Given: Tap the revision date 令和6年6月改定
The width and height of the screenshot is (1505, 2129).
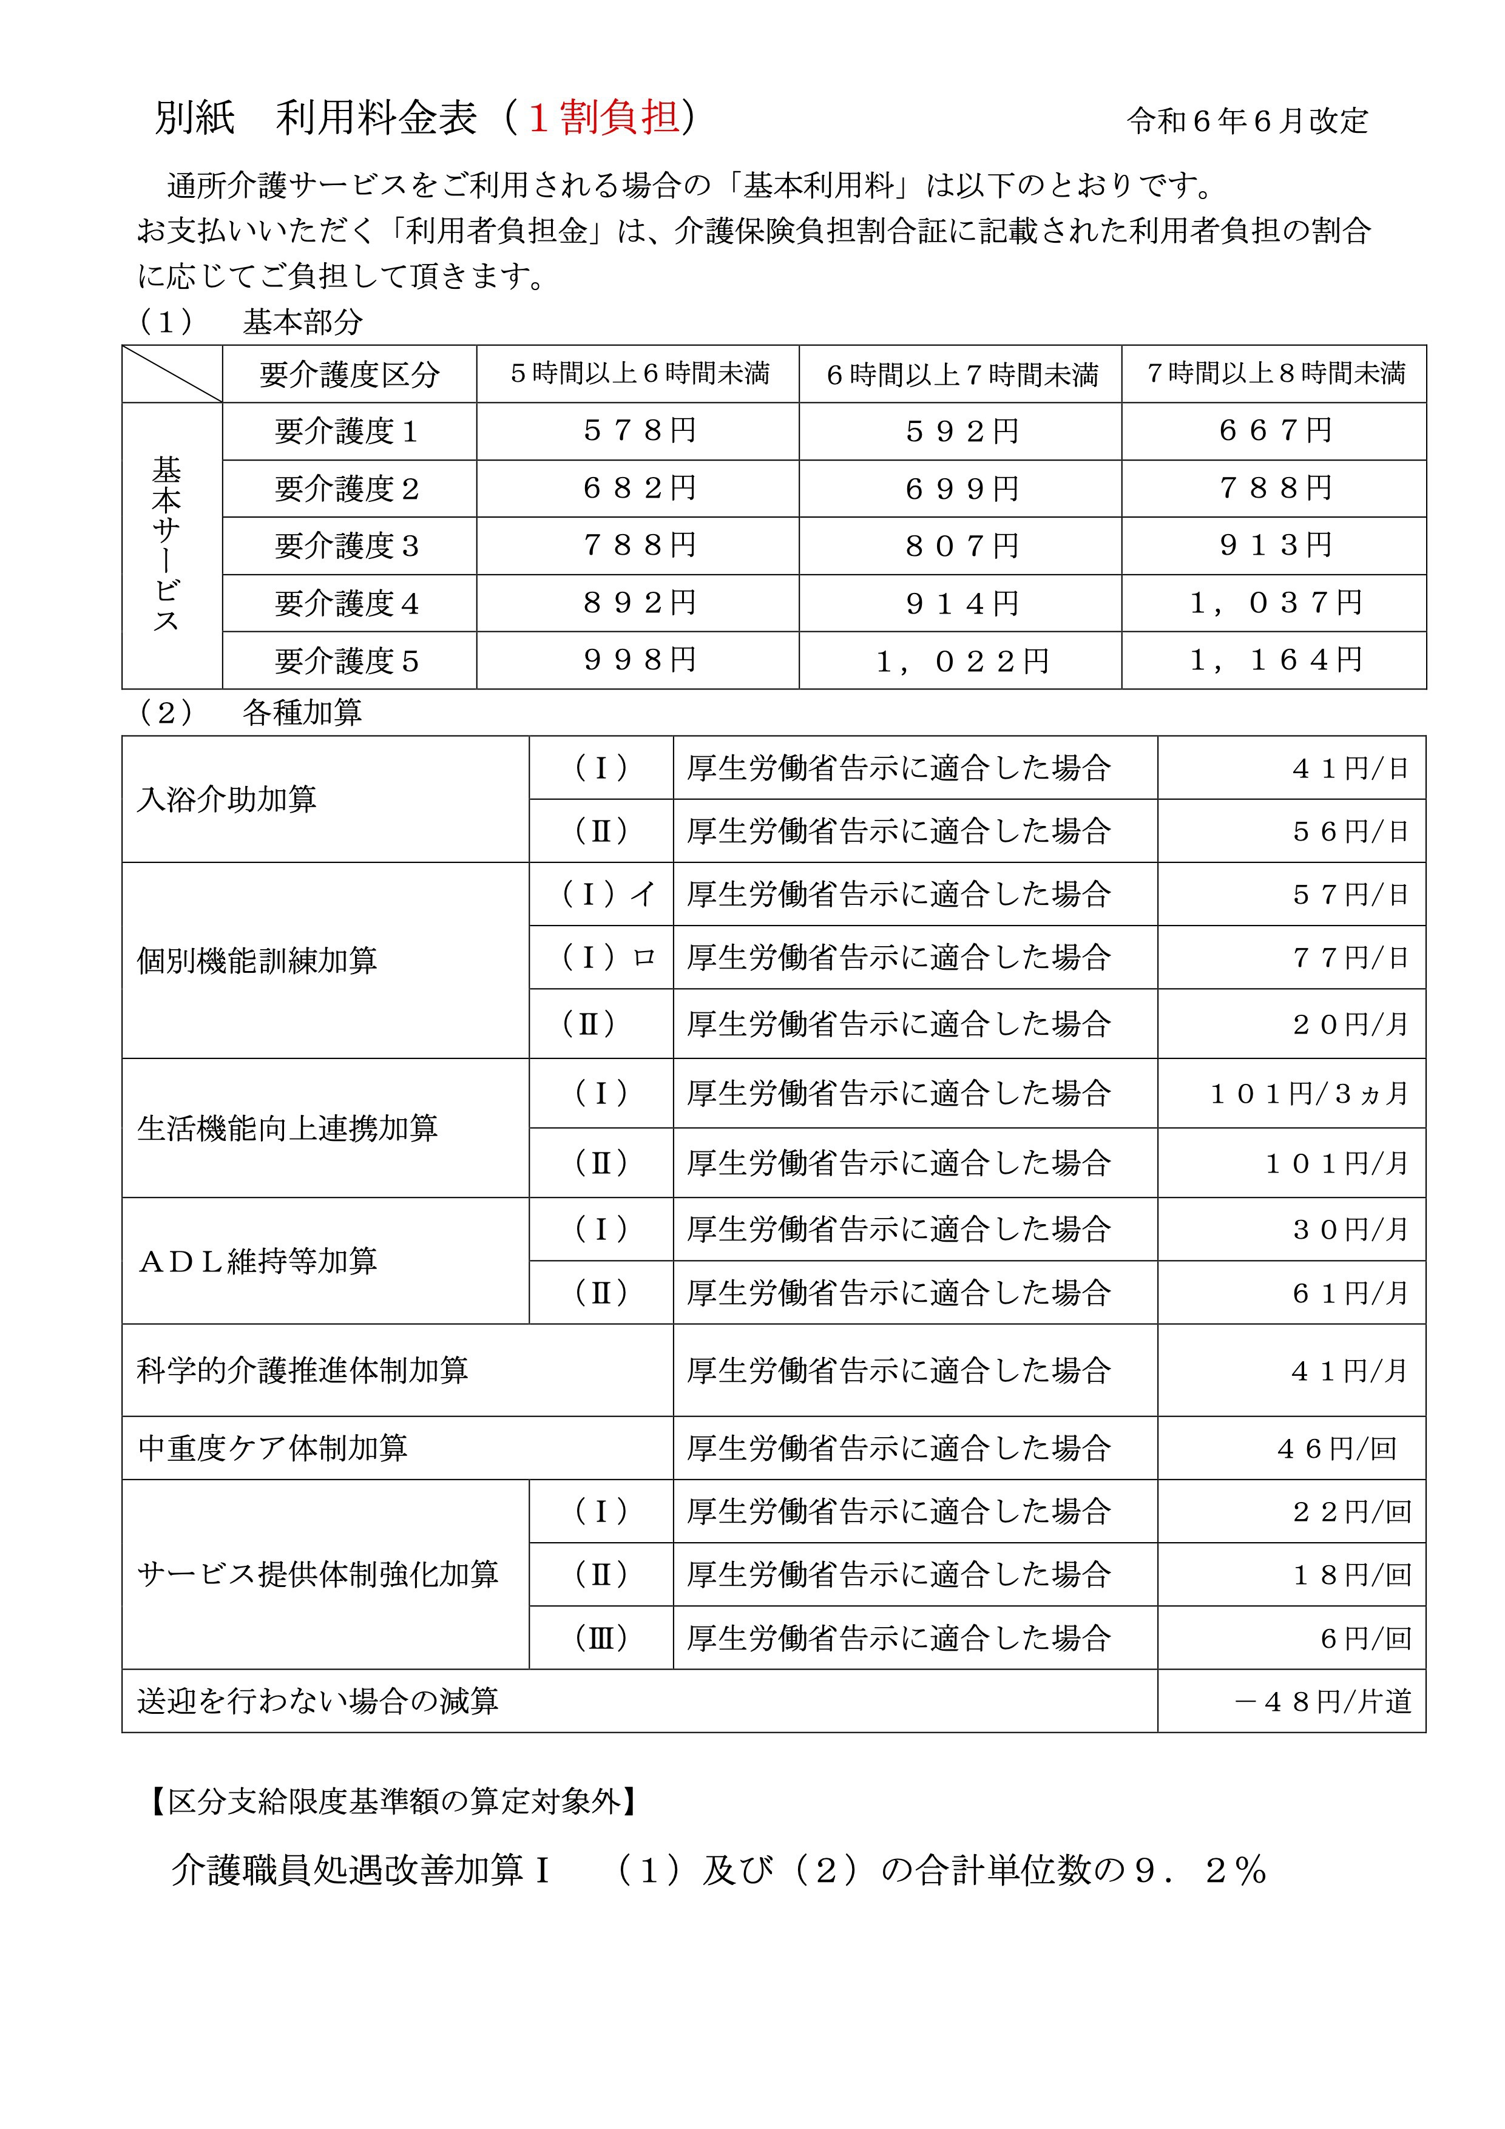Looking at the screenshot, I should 1247,121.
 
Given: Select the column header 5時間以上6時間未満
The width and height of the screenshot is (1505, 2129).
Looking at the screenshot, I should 639,374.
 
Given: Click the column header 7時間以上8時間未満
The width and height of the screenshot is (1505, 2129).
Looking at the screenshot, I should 1275,374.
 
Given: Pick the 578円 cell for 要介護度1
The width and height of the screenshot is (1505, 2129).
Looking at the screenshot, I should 639,431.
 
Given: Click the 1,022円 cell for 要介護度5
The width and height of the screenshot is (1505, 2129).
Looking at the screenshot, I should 961,661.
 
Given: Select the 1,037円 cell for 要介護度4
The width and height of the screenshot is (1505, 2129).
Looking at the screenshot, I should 1275,604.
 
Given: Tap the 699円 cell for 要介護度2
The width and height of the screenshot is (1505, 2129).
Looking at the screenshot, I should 961,489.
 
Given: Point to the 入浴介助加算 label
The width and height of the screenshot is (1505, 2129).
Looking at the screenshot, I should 227,799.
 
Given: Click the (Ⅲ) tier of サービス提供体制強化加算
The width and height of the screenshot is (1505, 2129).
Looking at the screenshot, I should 601,1639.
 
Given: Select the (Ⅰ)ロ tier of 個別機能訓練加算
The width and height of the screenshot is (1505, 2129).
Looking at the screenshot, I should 607,958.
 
